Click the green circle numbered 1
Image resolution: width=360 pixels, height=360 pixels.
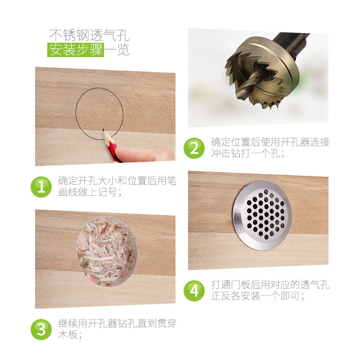click(41, 187)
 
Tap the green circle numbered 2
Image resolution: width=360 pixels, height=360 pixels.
click(194, 148)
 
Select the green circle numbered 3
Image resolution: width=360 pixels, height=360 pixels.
click(41, 329)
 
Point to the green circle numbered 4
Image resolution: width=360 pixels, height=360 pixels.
click(194, 291)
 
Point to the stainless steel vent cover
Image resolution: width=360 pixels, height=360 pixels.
click(262, 216)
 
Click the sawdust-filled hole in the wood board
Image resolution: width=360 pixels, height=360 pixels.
click(107, 252)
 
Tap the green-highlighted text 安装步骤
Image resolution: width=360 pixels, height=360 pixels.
click(76, 49)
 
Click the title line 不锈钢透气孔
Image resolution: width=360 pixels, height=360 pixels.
click(90, 35)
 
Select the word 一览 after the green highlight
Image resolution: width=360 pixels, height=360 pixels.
click(117, 49)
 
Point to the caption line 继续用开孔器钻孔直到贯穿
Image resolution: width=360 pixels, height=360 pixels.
click(117, 324)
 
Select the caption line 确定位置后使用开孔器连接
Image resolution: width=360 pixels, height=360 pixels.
click(270, 142)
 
